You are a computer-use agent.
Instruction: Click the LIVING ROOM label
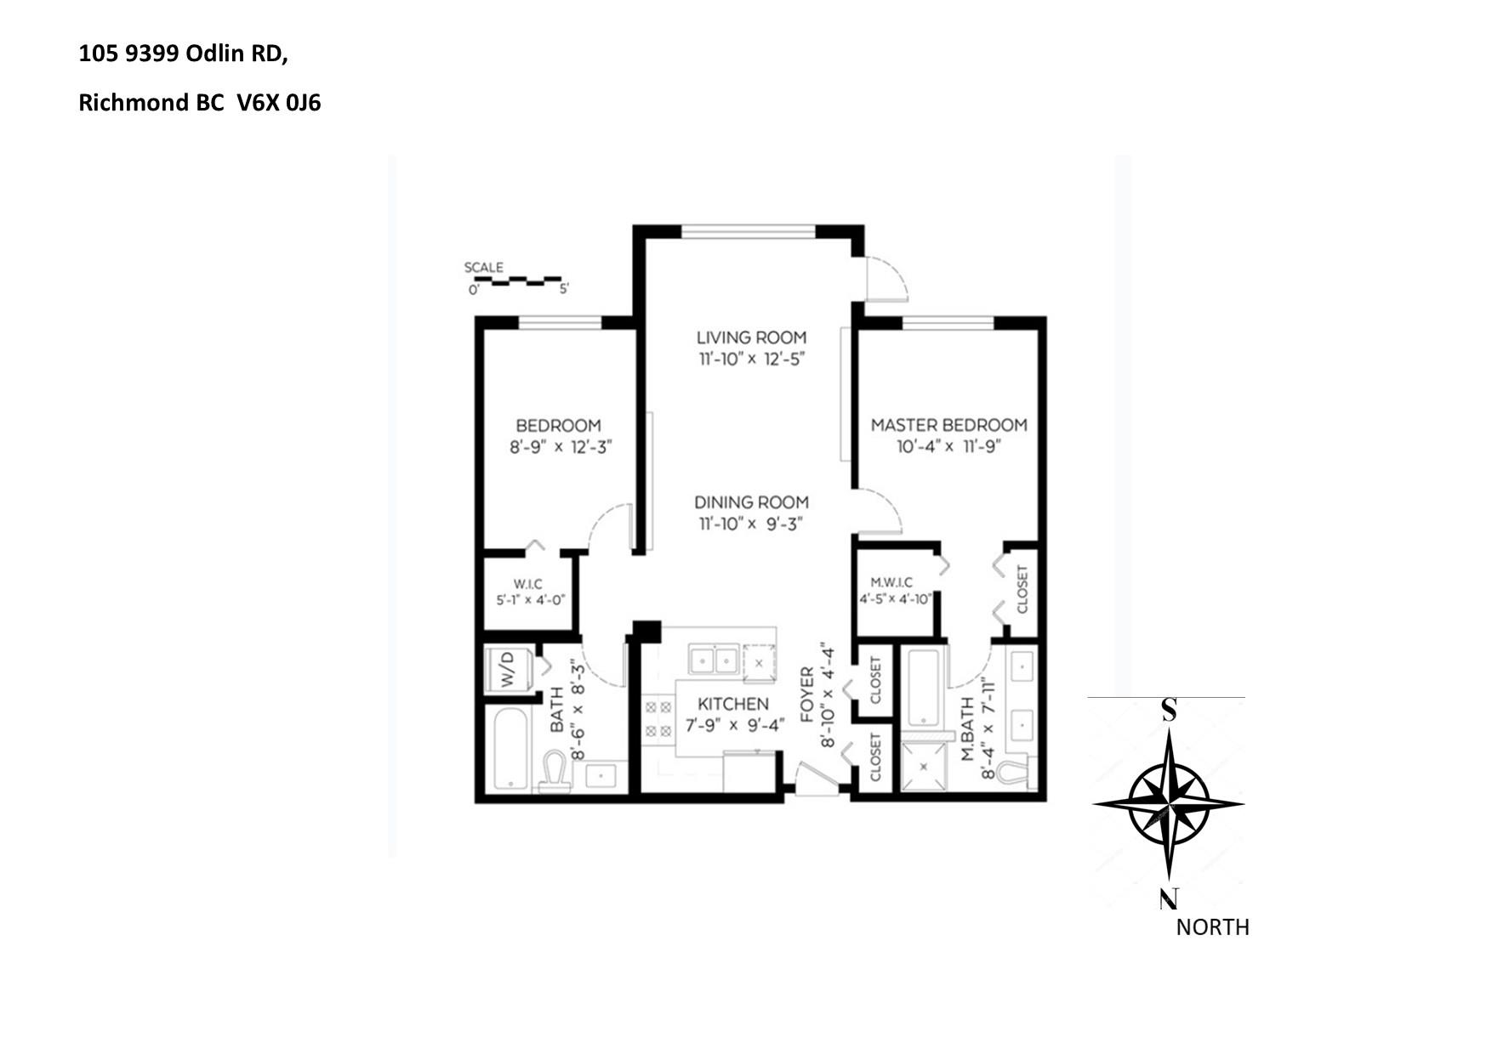tap(751, 337)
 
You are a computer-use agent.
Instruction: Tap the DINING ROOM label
tap(751, 502)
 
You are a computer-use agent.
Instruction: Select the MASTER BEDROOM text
tap(948, 425)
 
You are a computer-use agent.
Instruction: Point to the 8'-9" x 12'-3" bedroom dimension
tap(561, 447)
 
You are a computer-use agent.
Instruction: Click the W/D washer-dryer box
tap(509, 671)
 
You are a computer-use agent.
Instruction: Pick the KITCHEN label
tap(732, 705)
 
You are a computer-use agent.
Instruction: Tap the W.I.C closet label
tap(527, 584)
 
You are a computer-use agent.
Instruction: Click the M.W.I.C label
tap(891, 582)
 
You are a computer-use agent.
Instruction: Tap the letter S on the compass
tap(1170, 710)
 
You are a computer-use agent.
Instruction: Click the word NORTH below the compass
tap(1212, 927)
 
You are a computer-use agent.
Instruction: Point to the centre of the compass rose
tap(1169, 802)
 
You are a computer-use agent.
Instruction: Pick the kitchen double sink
tap(713, 660)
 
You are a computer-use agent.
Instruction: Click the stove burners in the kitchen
tap(658, 719)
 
